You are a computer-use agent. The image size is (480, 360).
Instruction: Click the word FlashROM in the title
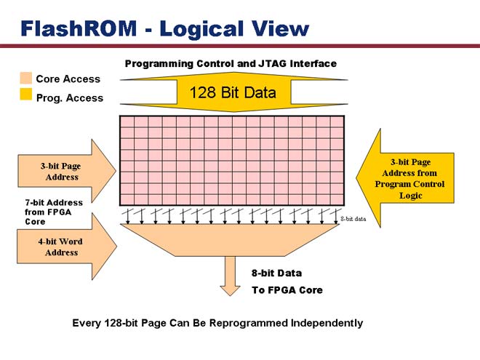pyautogui.click(x=79, y=28)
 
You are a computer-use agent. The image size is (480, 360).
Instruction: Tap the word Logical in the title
pyautogui.click(x=202, y=30)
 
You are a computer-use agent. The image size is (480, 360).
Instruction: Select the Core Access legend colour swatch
pyautogui.click(x=25, y=78)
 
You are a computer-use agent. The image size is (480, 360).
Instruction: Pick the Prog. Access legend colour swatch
pyautogui.click(x=25, y=94)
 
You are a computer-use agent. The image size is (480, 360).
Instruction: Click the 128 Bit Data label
pyautogui.click(x=233, y=92)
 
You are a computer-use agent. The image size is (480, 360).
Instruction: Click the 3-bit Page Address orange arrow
pyautogui.click(x=67, y=171)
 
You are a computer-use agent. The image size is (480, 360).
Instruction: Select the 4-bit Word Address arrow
pyautogui.click(x=67, y=247)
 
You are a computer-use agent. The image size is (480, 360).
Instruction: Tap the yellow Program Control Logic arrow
pyautogui.click(x=405, y=178)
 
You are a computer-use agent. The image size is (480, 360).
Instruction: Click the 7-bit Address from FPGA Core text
pyautogui.click(x=54, y=212)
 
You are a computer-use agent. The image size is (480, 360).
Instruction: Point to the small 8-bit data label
pyautogui.click(x=353, y=219)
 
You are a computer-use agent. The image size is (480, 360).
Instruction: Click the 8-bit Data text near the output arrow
pyautogui.click(x=276, y=273)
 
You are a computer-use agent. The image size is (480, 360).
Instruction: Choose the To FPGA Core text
pyautogui.click(x=287, y=290)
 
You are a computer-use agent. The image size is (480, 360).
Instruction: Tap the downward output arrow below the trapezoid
pyautogui.click(x=231, y=276)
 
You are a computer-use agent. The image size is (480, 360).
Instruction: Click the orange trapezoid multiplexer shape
pyautogui.click(x=230, y=240)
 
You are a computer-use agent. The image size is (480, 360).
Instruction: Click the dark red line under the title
pyautogui.click(x=240, y=46)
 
